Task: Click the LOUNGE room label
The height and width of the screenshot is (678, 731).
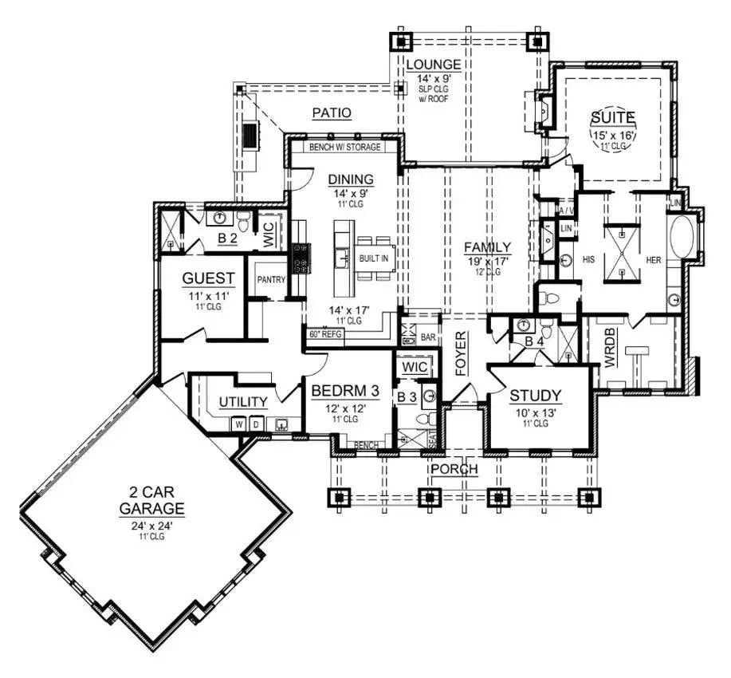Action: pyautogui.click(x=434, y=64)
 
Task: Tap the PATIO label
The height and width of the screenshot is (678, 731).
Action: pyautogui.click(x=332, y=113)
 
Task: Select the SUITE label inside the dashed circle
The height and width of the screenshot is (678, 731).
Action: pyautogui.click(x=612, y=118)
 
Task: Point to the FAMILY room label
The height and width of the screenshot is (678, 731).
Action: pyautogui.click(x=488, y=247)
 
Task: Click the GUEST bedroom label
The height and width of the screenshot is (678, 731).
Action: pyautogui.click(x=208, y=278)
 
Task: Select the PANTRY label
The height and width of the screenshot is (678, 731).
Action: pyautogui.click(x=272, y=280)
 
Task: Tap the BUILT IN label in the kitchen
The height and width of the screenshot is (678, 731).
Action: pyautogui.click(x=373, y=259)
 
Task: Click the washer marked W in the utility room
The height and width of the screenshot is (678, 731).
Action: pyautogui.click(x=238, y=424)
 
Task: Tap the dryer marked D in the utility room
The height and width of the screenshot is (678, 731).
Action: pyautogui.click(x=256, y=424)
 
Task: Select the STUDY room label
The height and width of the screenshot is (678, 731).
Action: pyautogui.click(x=536, y=395)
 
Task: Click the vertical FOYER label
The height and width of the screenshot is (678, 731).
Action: pyautogui.click(x=460, y=353)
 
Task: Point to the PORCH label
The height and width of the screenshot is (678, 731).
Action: pyautogui.click(x=454, y=469)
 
